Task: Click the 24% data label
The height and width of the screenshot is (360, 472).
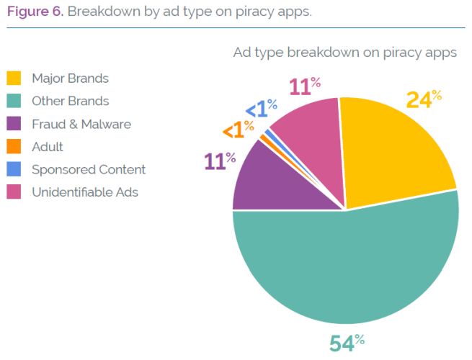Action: pyautogui.click(x=424, y=99)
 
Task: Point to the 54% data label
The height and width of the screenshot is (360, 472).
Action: pyautogui.click(x=346, y=343)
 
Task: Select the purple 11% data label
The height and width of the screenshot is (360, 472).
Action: pyautogui.click(x=220, y=161)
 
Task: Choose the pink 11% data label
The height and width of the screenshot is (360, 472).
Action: pyautogui.click(x=305, y=86)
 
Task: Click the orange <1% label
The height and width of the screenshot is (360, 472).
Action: pyautogui.click(x=237, y=130)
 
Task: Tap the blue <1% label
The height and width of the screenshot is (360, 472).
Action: pyautogui.click(x=260, y=109)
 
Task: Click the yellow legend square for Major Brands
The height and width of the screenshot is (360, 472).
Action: pyautogui.click(x=14, y=78)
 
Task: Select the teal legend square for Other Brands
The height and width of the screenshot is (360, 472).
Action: pyautogui.click(x=14, y=101)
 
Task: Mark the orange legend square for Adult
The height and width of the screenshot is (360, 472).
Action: pyautogui.click(x=14, y=147)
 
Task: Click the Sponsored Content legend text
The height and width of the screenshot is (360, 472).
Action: pyautogui.click(x=89, y=170)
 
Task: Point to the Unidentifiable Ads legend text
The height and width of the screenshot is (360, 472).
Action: pyautogui.click(x=85, y=192)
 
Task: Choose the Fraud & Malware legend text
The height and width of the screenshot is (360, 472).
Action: pyautogui.click(x=81, y=124)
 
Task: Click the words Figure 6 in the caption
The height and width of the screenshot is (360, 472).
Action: pyautogui.click(x=35, y=12)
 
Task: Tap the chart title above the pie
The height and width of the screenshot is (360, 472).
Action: pyautogui.click(x=344, y=53)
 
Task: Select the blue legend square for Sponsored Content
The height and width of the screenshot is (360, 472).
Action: pyautogui.click(x=14, y=170)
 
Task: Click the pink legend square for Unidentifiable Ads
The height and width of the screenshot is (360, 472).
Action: pyautogui.click(x=14, y=192)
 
